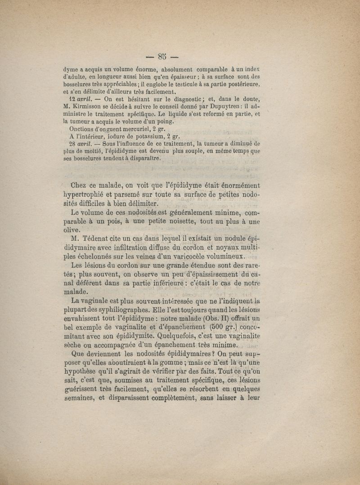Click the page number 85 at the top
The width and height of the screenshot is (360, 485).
tap(162, 56)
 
